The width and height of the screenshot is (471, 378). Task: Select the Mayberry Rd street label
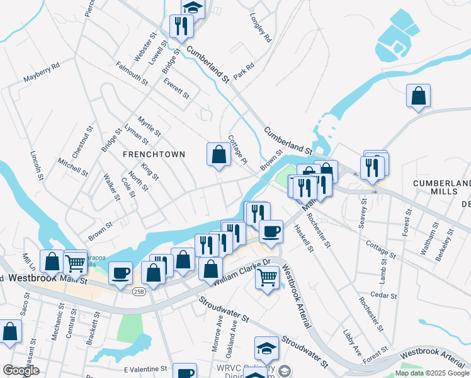pyautogui.click(x=41, y=72)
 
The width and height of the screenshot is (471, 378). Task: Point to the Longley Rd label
pyautogui.click(x=260, y=28)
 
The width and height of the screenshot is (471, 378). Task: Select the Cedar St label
pyautogui.click(x=384, y=295)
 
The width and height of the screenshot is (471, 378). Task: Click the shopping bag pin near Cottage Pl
pyautogui.click(x=218, y=154)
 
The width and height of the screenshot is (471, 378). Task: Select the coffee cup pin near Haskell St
pyautogui.click(x=271, y=231)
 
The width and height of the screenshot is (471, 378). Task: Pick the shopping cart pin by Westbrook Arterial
pyautogui.click(x=268, y=276)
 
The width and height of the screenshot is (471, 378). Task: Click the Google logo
pyautogui.click(x=21, y=371)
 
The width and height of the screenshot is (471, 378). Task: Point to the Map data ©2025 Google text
pyautogui.click(x=431, y=373)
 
